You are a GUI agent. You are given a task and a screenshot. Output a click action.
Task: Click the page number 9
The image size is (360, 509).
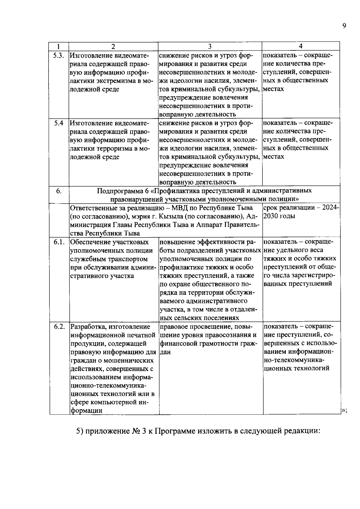coord(344,26)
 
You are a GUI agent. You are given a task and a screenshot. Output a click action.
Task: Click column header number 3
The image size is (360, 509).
coord(210,46)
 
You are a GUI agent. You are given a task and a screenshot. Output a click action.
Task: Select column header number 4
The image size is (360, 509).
coord(301,46)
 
